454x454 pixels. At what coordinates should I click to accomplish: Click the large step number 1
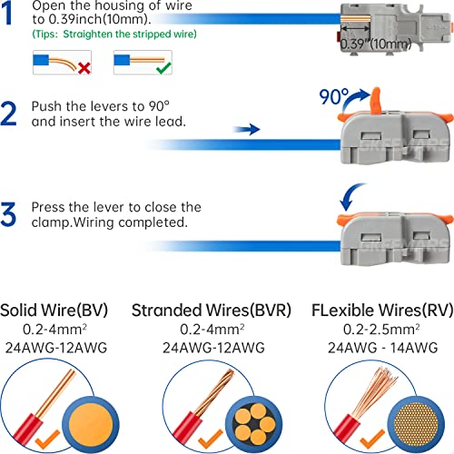click(x=6, y=13)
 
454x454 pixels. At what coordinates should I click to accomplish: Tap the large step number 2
click(x=8, y=113)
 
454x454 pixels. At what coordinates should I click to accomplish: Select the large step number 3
click(x=8, y=214)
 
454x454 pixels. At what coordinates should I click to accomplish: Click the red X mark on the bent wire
click(x=84, y=68)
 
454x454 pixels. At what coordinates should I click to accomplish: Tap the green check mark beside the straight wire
click(x=163, y=67)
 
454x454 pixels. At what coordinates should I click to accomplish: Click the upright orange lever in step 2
click(x=375, y=101)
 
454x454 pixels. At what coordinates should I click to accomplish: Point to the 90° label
click(x=334, y=97)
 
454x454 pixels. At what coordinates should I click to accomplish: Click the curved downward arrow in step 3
click(x=350, y=196)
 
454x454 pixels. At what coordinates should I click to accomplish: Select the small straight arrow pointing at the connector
click(x=246, y=129)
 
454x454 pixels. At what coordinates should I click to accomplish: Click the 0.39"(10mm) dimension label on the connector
click(x=376, y=44)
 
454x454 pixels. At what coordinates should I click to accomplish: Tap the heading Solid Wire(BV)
click(x=54, y=311)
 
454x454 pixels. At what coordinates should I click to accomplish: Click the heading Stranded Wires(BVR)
click(x=212, y=311)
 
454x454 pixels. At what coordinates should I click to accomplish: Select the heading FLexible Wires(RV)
click(x=382, y=311)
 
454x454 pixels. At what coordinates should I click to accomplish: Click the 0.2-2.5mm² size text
click(x=381, y=329)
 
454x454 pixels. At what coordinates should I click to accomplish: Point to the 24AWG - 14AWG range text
click(x=382, y=348)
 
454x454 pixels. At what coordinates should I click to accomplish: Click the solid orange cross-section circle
click(x=91, y=425)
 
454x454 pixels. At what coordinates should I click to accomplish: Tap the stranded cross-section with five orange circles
click(x=253, y=425)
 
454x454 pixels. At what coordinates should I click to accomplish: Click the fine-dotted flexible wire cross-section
click(x=416, y=425)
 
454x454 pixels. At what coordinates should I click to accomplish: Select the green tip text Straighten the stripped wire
click(x=130, y=34)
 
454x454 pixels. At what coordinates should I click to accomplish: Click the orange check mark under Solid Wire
click(x=47, y=439)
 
